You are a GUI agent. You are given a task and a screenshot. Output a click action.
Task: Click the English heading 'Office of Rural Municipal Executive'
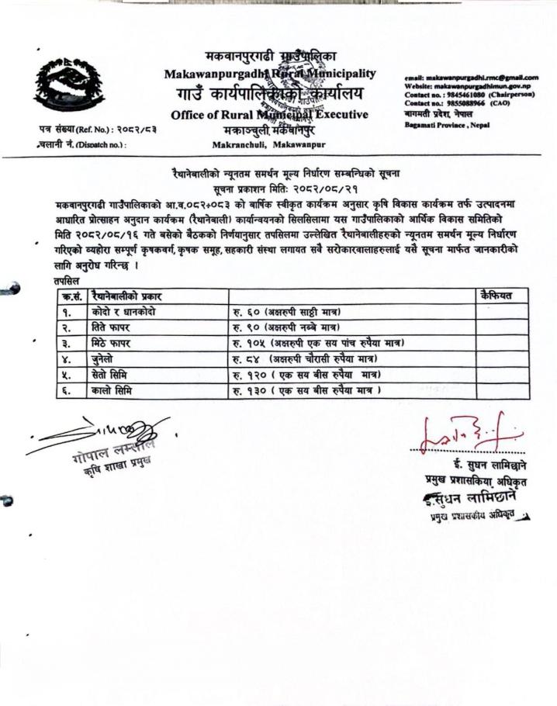point(269,115)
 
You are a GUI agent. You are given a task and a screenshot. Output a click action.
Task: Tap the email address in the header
point(471,78)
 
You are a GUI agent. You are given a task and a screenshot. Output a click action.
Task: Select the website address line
point(471,87)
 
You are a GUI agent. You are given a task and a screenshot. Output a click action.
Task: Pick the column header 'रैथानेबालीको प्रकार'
point(126,296)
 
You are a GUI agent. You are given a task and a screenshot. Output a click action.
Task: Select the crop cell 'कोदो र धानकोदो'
point(123,311)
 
